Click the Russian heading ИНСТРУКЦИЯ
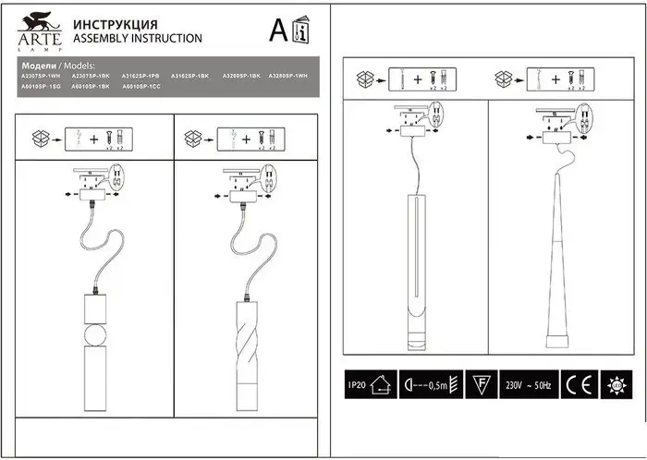(114, 24)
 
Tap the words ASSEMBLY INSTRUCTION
(137, 39)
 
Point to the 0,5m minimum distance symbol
(430, 383)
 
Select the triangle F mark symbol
(479, 383)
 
